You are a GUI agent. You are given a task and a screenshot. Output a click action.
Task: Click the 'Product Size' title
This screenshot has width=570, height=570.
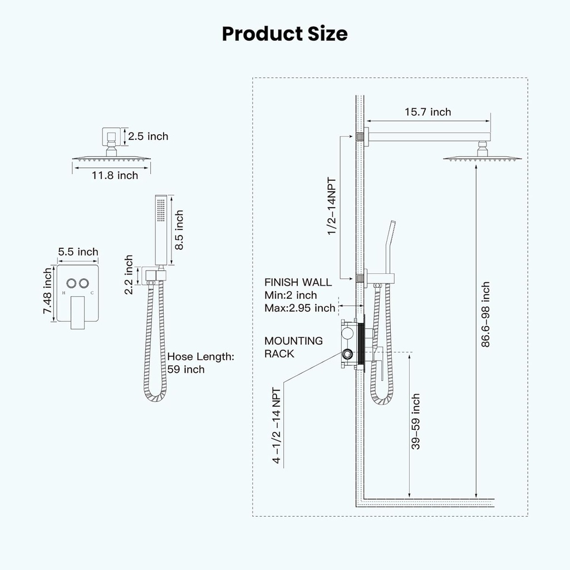[x=284, y=34]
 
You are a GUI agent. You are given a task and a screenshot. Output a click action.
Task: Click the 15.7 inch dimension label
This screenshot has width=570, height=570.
[x=427, y=112]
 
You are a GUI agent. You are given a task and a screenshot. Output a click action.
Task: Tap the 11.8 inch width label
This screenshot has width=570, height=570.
[x=115, y=175]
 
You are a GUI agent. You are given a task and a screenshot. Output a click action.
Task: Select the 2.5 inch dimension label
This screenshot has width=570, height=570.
[x=148, y=136]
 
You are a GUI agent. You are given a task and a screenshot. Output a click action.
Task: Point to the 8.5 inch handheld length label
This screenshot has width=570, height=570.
[x=179, y=230]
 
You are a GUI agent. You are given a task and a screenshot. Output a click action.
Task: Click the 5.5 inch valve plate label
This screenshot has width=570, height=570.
[x=78, y=252]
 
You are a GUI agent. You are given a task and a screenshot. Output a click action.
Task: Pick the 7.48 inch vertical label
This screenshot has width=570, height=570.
[x=48, y=291]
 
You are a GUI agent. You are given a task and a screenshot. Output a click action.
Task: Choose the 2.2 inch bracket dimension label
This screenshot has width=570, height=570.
[x=129, y=275]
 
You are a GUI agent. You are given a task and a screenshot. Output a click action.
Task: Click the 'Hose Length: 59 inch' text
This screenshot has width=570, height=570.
[x=201, y=363]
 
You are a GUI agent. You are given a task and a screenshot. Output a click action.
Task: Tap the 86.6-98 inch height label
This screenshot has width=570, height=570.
[x=486, y=315]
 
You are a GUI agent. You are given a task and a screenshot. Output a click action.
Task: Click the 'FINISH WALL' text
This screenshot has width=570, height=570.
[x=298, y=282]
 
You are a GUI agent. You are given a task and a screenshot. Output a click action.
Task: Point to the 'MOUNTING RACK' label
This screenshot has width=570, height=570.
[x=293, y=347]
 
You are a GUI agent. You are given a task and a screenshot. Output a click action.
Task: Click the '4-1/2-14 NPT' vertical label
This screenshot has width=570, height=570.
[x=277, y=426]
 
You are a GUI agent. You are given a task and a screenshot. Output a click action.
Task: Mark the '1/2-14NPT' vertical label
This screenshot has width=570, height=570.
[x=332, y=206]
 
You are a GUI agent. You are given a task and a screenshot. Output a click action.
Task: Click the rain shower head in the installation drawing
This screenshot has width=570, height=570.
[x=483, y=158]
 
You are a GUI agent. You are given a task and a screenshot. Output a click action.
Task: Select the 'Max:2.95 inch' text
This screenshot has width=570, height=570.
[x=300, y=308]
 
